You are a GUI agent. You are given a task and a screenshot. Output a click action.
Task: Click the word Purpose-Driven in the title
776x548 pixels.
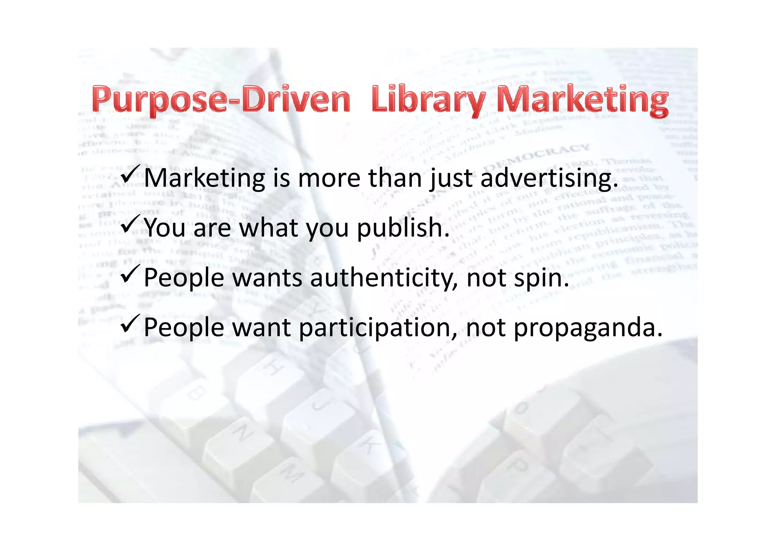click(221, 100)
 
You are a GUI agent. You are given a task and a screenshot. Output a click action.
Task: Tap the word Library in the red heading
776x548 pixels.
click(428, 100)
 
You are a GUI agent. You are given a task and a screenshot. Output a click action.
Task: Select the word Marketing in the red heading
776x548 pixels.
click(582, 100)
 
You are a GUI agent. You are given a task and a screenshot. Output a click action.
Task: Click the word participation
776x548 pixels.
click(377, 328)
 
